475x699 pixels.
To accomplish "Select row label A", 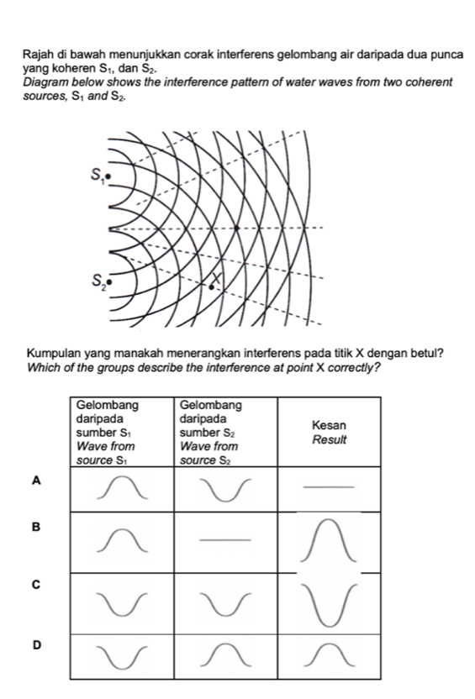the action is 35,480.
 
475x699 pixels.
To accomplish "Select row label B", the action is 35,527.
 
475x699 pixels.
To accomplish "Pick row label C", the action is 35,582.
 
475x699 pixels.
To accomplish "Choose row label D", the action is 35,644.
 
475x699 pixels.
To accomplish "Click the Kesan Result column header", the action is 329,434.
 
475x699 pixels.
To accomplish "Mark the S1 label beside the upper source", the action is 99,175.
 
